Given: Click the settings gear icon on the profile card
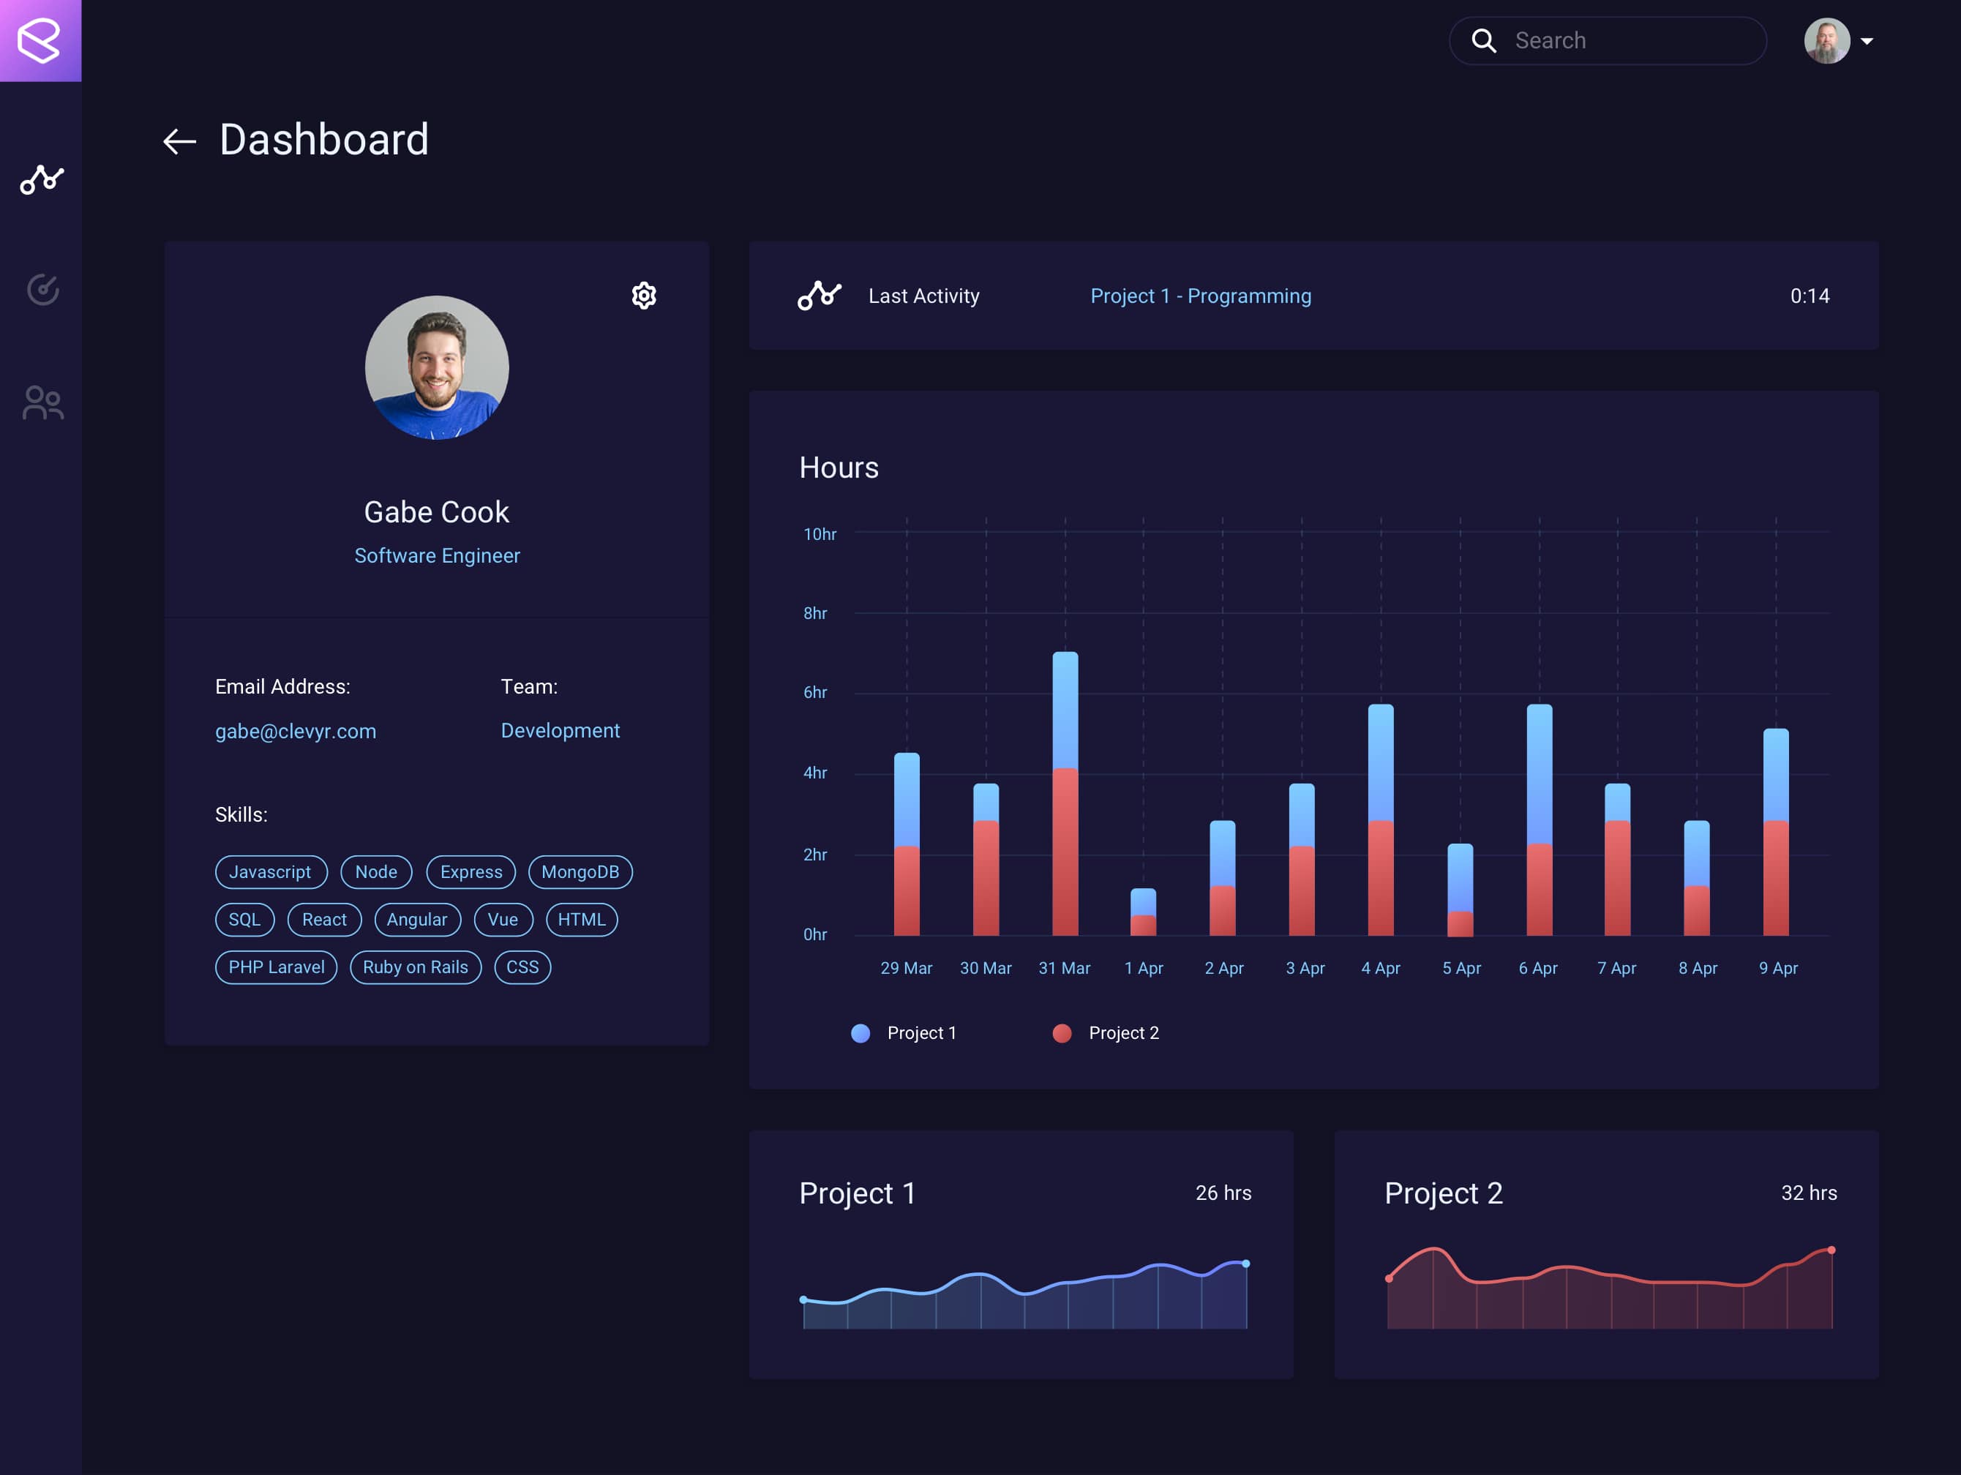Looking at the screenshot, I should (644, 295).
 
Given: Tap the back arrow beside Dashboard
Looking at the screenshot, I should (179, 141).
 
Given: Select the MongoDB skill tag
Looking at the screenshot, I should (580, 871).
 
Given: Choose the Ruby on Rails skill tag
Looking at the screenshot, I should (415, 967).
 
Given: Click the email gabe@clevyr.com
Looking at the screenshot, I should (295, 732).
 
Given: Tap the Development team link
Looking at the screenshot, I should (560, 730).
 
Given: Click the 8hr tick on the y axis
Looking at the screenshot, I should (814, 613).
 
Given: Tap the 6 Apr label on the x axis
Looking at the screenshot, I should (1537, 968).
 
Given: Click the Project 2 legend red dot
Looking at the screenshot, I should (1061, 1032).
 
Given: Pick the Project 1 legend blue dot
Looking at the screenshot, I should (860, 1032).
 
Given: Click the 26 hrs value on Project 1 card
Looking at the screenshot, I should (1223, 1193).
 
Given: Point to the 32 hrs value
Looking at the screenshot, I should (1809, 1193).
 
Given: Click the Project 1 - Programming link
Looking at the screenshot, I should (1200, 296).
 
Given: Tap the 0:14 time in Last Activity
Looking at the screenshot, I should (1809, 296).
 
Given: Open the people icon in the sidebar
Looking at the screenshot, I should (42, 402).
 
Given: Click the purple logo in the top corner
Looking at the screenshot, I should (40, 40).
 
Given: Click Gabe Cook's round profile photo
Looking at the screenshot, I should (436, 367).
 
